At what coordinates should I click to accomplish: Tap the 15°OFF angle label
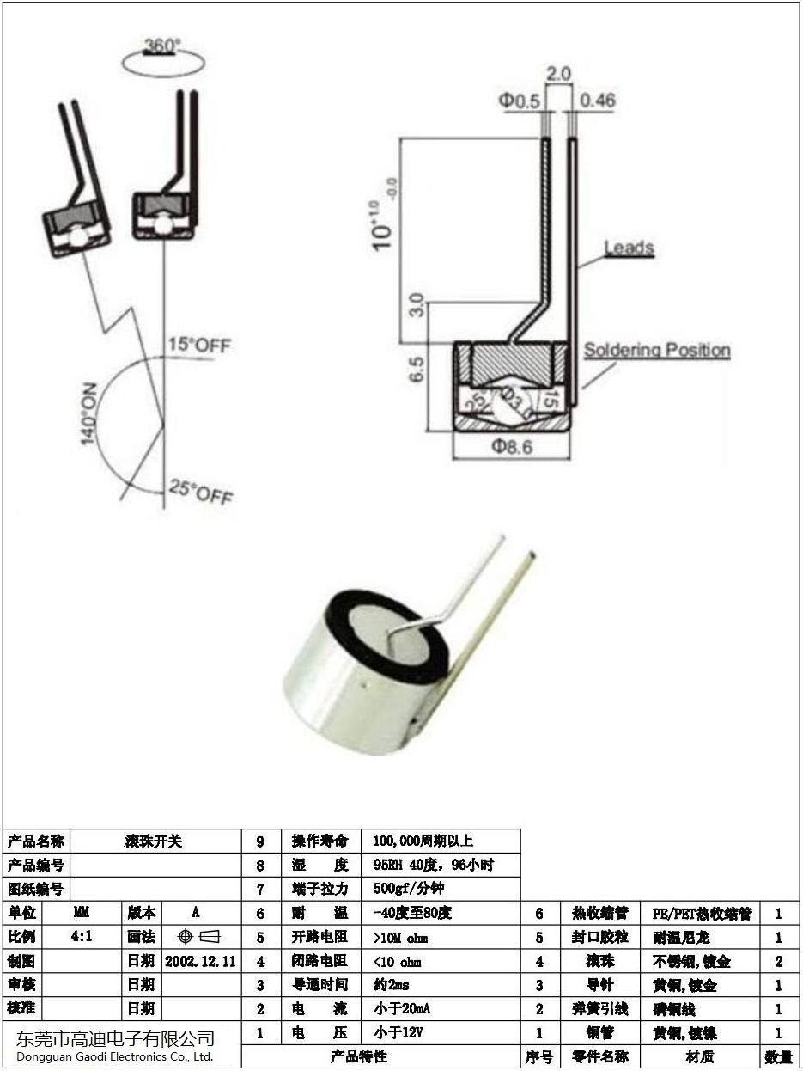pos(199,346)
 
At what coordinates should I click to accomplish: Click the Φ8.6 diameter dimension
pos(512,447)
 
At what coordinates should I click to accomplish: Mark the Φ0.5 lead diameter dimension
pos(520,101)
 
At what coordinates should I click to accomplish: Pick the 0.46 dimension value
pos(598,101)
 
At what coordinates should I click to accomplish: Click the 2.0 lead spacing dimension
pos(558,75)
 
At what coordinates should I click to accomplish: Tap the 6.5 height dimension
pos(417,370)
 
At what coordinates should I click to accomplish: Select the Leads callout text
pos(629,248)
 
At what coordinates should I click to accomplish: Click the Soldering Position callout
pos(657,350)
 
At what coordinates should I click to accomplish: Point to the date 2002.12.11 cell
pos(200,961)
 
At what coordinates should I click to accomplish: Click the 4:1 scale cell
pos(82,937)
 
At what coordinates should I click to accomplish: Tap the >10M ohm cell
pos(401,937)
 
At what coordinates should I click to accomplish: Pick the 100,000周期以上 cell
pos(423,841)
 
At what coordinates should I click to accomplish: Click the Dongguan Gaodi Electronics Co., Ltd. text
pos(114,1056)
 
